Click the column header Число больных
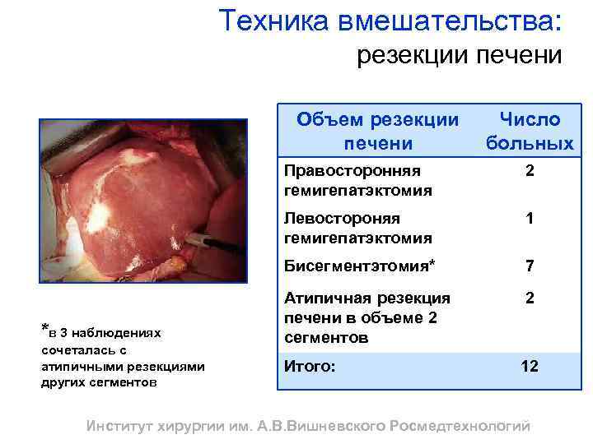tap(529, 132)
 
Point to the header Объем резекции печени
tap(378, 132)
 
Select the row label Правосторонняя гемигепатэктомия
tap(357, 180)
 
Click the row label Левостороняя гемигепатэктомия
tap(357, 228)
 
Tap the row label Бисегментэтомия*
tap(359, 266)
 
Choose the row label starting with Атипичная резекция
tap(367, 317)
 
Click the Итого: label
tap(309, 366)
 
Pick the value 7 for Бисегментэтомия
tap(530, 266)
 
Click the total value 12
tap(530, 366)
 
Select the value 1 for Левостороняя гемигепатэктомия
tap(530, 219)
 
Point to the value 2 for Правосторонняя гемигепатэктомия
tap(530, 171)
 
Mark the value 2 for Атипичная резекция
tap(530, 298)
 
